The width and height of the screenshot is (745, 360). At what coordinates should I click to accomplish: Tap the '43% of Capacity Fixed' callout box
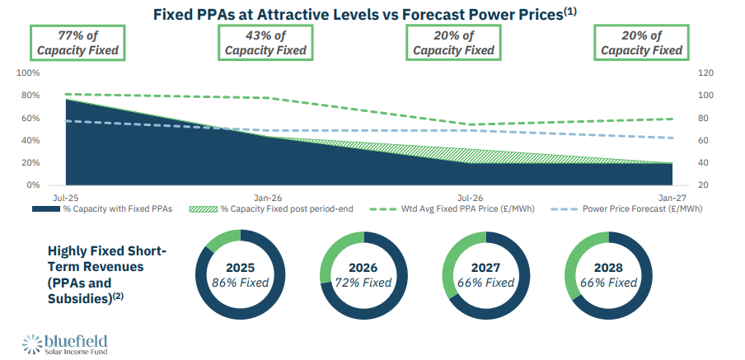click(x=265, y=43)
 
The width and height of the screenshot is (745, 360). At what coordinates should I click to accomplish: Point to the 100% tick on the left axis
click(x=28, y=73)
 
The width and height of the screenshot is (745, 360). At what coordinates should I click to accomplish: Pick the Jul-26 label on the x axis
click(x=469, y=199)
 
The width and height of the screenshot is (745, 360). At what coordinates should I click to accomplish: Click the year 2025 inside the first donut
click(x=241, y=267)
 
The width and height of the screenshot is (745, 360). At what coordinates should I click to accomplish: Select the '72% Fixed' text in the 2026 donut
click(x=364, y=283)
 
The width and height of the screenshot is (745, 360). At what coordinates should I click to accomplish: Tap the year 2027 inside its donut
click(x=487, y=267)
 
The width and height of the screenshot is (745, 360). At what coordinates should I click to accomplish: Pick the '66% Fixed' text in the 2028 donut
click(x=611, y=283)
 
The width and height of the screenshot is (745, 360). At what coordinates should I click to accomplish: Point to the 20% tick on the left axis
click(x=30, y=163)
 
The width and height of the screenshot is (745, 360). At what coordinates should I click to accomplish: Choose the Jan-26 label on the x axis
click(x=268, y=199)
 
